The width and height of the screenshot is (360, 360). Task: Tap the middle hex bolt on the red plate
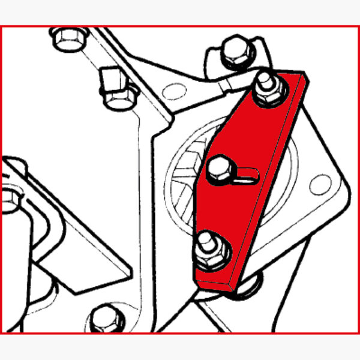(219, 169)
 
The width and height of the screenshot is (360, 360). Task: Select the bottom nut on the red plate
(211, 250)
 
